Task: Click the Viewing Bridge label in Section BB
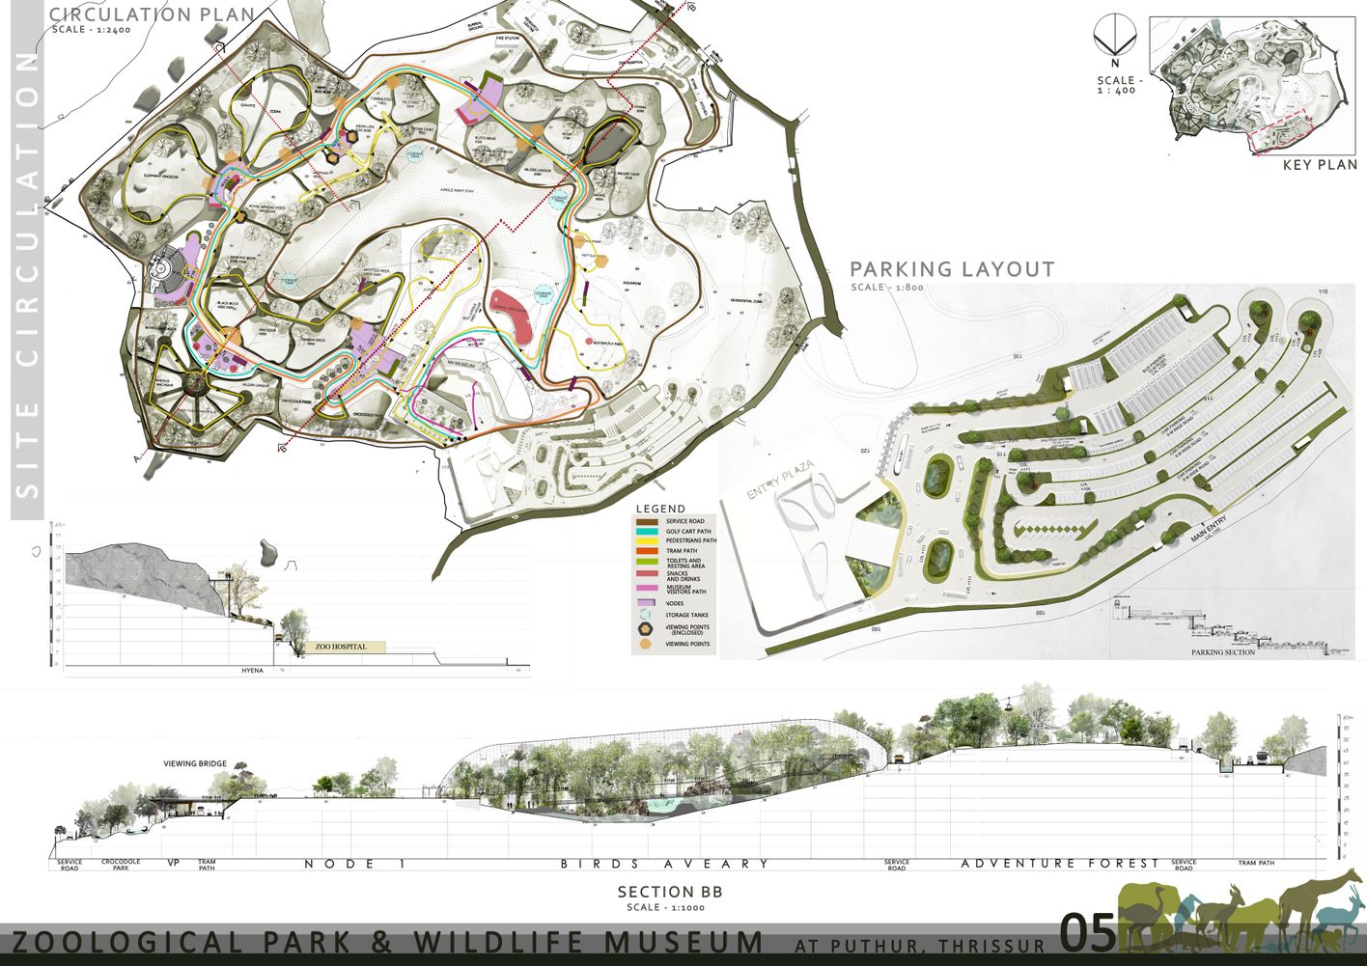tap(195, 763)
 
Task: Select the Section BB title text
tap(669, 892)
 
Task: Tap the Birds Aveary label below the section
tap(665, 864)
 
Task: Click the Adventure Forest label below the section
tap(1059, 864)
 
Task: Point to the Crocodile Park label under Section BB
tap(121, 865)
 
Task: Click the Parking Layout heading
tap(952, 269)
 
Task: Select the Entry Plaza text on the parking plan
tap(780, 480)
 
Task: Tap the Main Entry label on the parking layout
tap(1209, 529)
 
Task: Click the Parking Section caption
tap(1223, 652)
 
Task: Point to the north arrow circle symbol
tap(1114, 37)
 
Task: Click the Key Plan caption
tap(1320, 165)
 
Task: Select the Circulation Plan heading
tap(152, 14)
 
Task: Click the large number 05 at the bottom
tap(1088, 933)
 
